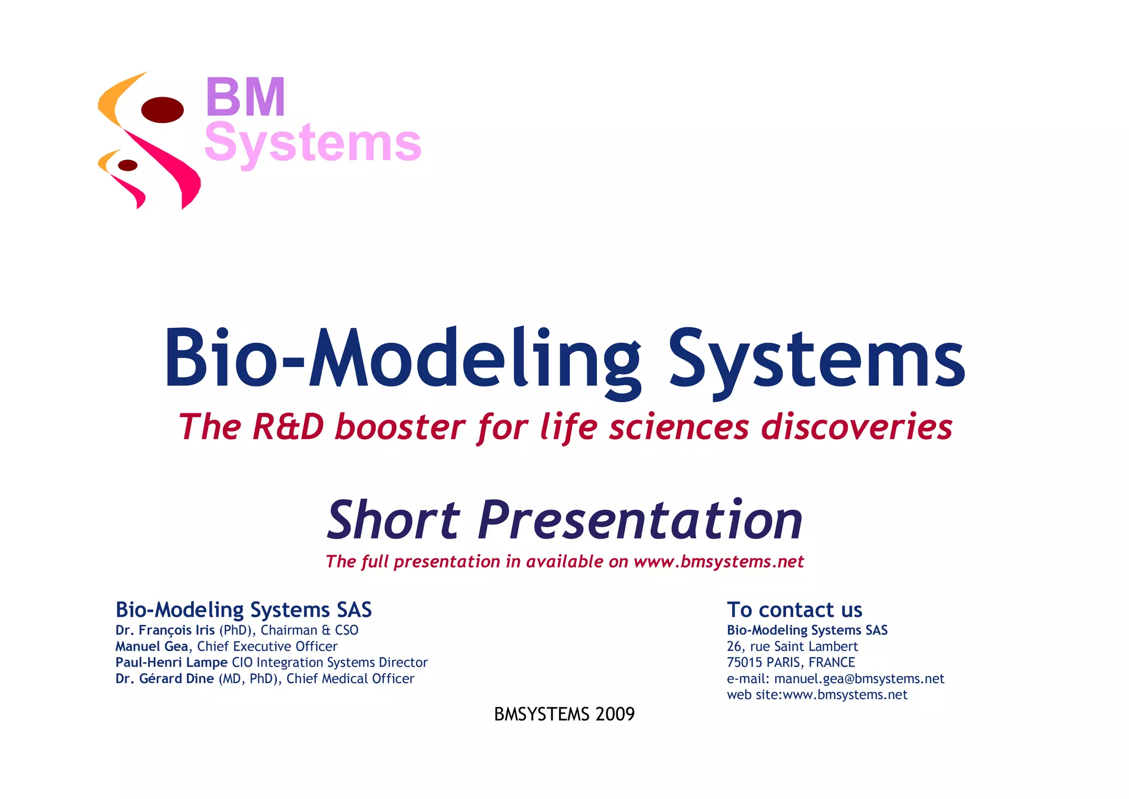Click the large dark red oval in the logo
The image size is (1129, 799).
pos(162,109)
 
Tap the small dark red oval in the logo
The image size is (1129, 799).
pos(128,165)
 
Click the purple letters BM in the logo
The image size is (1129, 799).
pos(245,97)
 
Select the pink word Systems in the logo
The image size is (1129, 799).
pos(313,143)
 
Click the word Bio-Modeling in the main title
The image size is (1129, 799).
pos(402,359)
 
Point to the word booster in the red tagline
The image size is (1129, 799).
pos(400,428)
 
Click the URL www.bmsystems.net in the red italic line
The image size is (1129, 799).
pos(718,561)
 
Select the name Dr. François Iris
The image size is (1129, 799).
pos(165,630)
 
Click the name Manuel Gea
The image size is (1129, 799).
pos(152,646)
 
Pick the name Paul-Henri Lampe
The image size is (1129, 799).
pos(171,662)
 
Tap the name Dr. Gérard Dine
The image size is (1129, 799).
pos(165,679)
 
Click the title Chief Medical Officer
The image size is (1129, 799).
pos(350,679)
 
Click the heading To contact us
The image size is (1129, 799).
pos(794,610)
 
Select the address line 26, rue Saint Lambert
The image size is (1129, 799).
pos(792,646)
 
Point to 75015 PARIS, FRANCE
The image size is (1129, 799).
pos(791,662)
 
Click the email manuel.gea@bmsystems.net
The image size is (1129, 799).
pos(859,679)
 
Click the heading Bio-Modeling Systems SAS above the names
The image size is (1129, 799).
pos(244,610)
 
